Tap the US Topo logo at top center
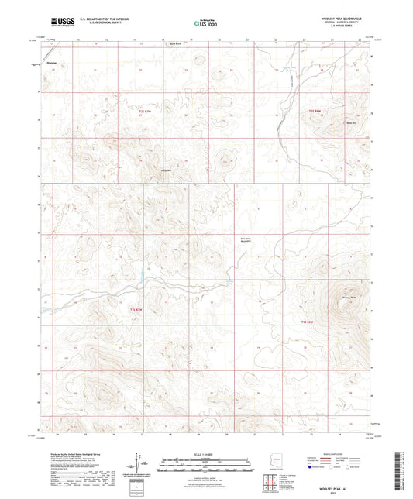pos(202,22)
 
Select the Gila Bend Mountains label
pos(246,240)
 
